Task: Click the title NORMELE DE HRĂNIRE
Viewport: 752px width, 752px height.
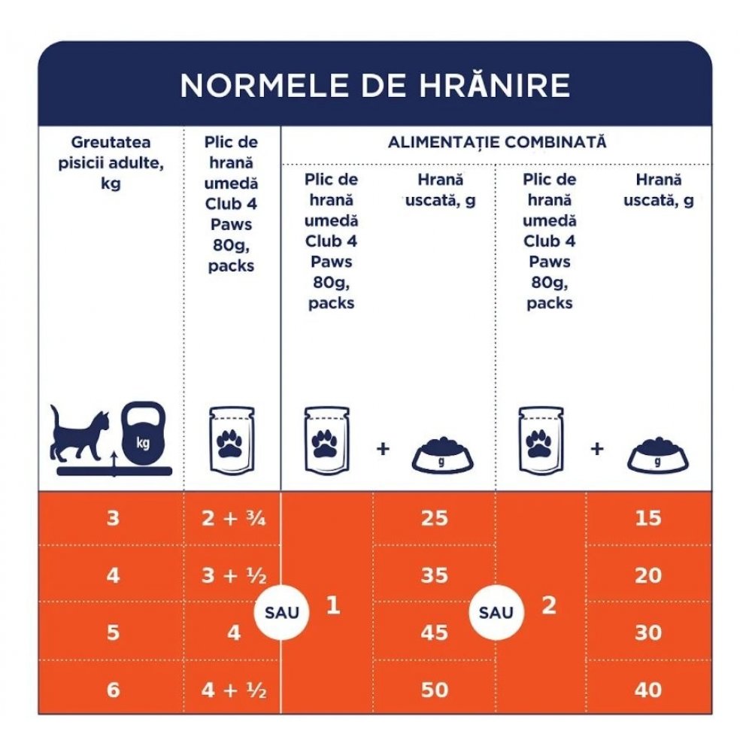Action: click(x=374, y=86)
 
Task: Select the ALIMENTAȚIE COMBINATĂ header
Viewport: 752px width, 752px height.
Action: click(x=496, y=142)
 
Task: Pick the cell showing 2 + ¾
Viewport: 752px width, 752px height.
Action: click(x=233, y=518)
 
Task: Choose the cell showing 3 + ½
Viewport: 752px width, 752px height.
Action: click(x=233, y=575)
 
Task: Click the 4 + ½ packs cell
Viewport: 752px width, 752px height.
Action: click(x=233, y=690)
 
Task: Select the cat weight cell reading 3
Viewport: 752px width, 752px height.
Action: click(x=113, y=518)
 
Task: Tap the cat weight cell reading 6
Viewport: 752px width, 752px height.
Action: click(x=113, y=690)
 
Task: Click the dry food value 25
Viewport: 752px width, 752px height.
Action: click(x=435, y=518)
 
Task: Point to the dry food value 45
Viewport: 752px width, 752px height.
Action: click(x=435, y=632)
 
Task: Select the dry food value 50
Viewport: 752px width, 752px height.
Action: click(x=435, y=690)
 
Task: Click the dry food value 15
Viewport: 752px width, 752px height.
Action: click(x=648, y=518)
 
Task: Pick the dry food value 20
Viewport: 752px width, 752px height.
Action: click(x=648, y=575)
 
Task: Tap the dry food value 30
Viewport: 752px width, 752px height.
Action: click(x=648, y=632)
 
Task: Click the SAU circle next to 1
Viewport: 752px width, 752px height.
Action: click(x=282, y=612)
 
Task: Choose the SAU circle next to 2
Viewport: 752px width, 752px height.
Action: click(x=496, y=612)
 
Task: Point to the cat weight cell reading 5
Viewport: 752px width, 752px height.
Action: click(x=113, y=632)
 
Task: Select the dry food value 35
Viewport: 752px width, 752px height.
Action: click(x=435, y=575)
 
